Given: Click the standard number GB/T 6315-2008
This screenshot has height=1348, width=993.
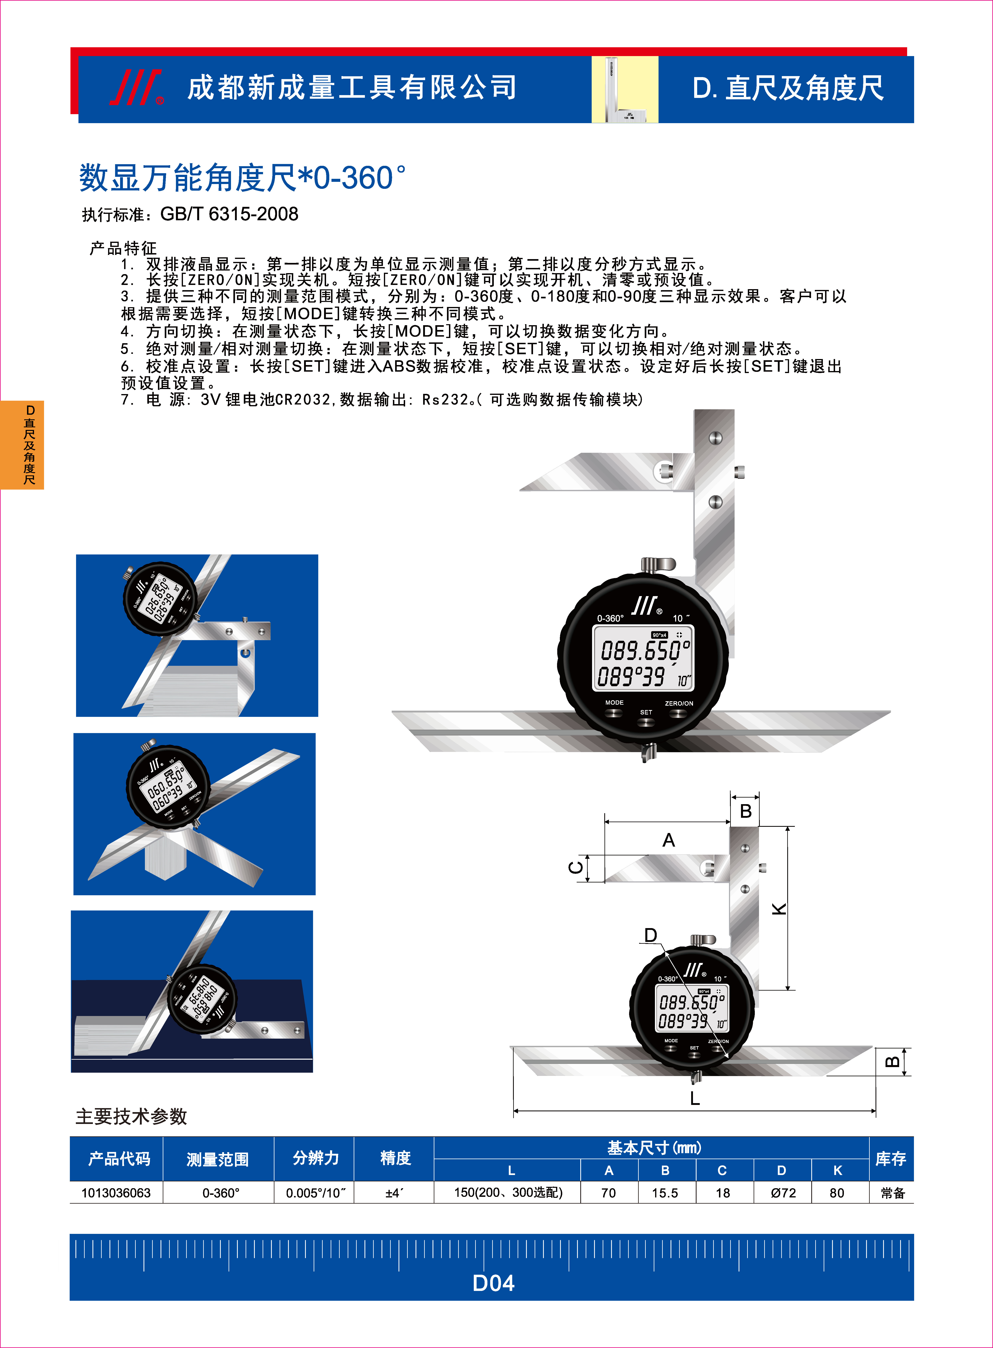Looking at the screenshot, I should click(229, 214).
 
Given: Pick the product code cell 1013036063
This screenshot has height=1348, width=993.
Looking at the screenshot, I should click(116, 1193).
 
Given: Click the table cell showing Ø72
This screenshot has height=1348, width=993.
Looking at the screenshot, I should click(783, 1193).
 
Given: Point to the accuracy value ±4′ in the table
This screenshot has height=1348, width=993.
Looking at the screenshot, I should click(394, 1193).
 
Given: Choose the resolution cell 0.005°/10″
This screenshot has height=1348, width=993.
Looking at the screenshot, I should click(315, 1193).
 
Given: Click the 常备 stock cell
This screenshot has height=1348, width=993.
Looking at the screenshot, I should click(892, 1193).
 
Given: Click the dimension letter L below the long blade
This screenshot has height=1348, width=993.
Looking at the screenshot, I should click(695, 1098).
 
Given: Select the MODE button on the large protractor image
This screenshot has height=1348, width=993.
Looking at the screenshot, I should click(614, 713).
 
